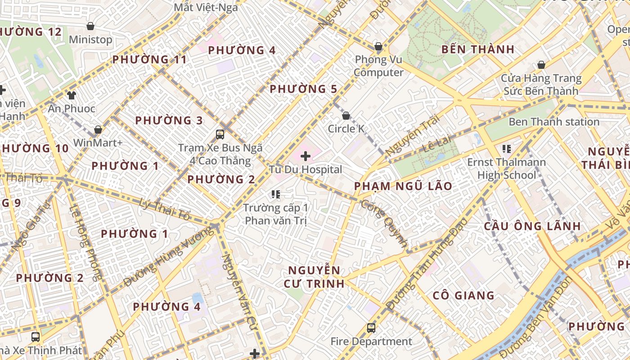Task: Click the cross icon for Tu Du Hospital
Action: click(306, 156)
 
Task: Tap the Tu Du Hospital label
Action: click(306, 170)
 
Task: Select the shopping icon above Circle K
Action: click(346, 116)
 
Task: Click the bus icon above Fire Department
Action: click(371, 328)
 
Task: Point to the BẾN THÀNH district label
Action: click(478, 49)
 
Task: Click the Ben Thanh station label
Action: click(554, 122)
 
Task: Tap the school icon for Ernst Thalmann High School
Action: click(507, 148)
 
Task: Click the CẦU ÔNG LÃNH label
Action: click(532, 226)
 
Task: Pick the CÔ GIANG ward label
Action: click(463, 296)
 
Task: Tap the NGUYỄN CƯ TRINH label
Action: click(314, 277)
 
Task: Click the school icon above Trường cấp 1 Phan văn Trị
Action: click(276, 194)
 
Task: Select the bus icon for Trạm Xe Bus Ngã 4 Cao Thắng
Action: click(220, 134)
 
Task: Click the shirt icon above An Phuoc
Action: click(72, 95)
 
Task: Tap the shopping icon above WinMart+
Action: click(98, 130)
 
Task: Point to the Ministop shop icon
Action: click(90, 26)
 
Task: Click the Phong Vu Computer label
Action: click(378, 66)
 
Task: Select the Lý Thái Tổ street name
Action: click(165, 209)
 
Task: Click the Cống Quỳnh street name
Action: click(384, 223)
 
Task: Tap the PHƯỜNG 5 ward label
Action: click(303, 89)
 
